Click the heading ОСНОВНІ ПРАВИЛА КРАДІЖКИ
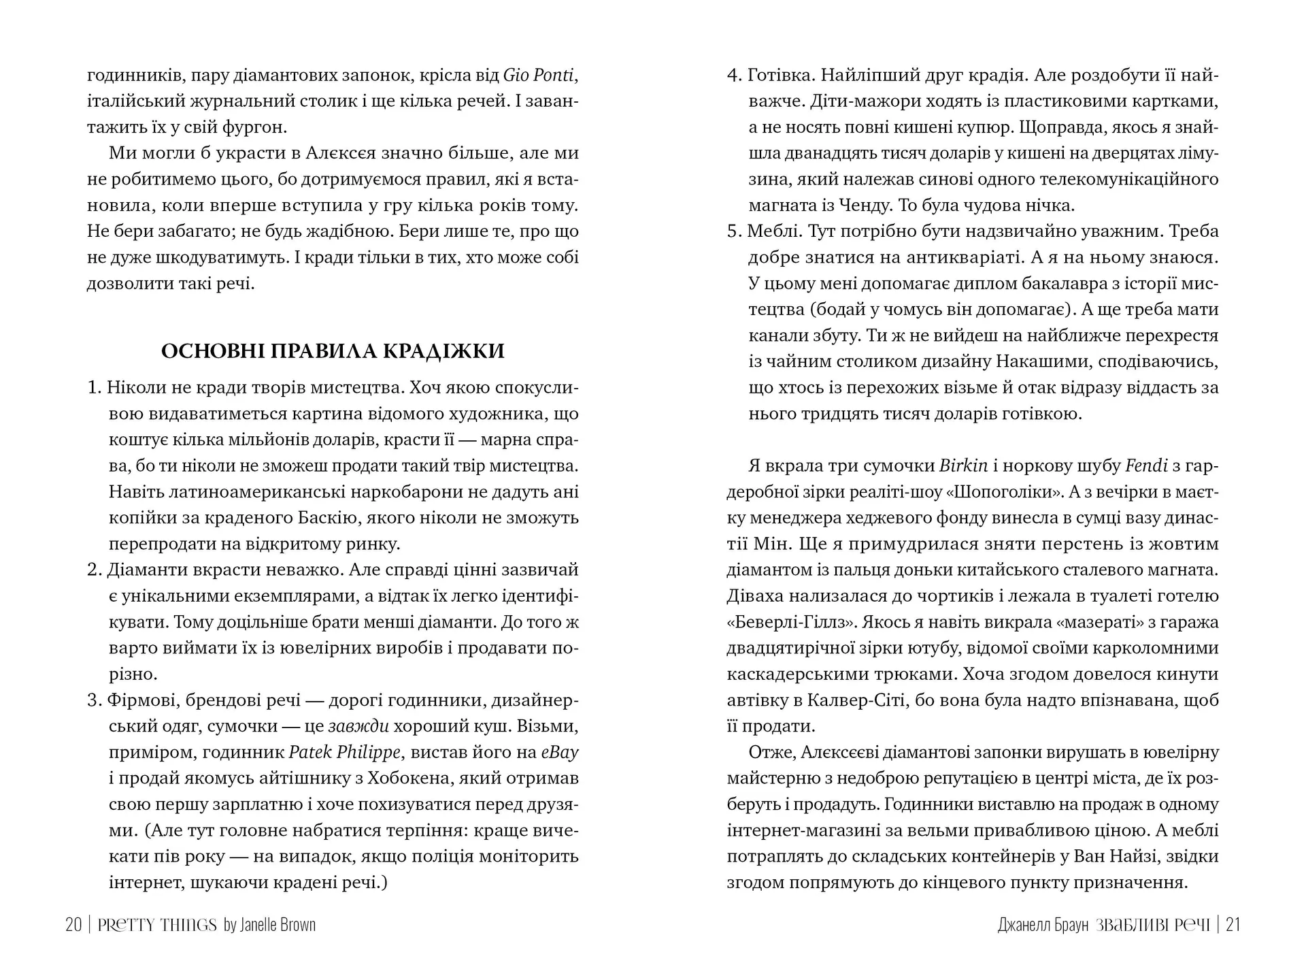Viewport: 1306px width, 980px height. point(333,351)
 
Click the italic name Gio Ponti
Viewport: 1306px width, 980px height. point(539,75)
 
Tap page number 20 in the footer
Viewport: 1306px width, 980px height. point(73,925)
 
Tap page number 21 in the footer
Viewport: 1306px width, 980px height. point(1233,925)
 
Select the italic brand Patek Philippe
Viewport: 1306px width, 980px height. point(344,752)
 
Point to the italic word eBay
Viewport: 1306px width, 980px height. point(559,752)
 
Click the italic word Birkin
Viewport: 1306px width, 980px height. point(963,465)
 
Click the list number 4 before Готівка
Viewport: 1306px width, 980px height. point(733,75)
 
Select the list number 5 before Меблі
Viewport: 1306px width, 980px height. point(733,231)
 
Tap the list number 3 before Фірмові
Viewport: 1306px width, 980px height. point(93,700)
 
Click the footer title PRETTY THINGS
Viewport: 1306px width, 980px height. point(157,925)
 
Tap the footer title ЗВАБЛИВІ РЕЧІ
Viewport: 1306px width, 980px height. point(1153,925)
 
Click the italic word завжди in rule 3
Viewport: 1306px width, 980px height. point(358,726)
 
